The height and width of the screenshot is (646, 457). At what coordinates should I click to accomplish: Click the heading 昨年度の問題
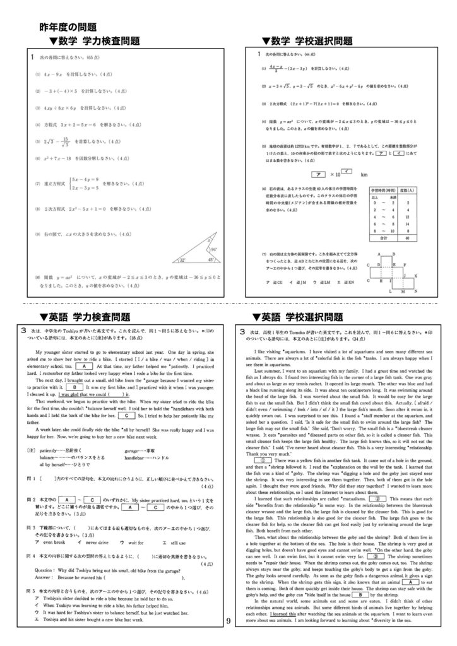pos(68,27)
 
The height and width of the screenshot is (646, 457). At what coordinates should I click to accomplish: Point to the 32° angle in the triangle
pos(182,259)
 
